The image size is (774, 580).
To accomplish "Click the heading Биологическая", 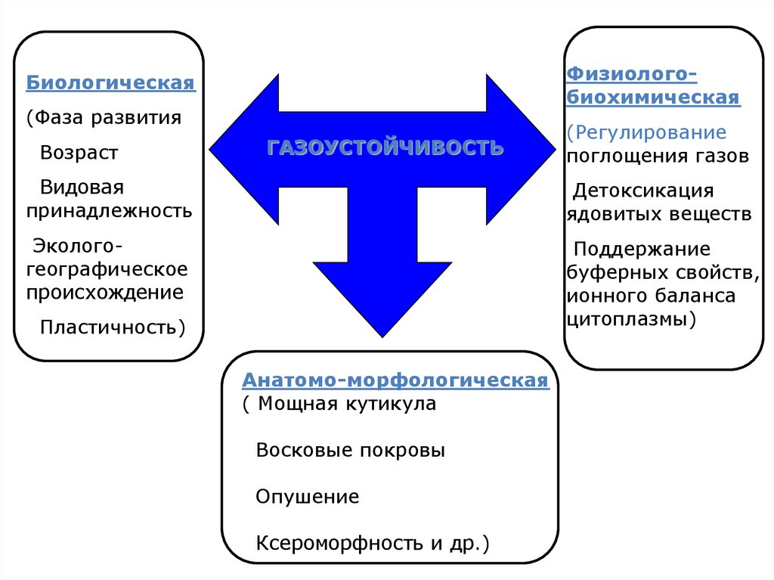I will pyautogui.click(x=111, y=82).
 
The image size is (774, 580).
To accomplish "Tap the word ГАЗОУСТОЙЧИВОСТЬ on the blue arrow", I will pyautogui.click(x=385, y=147).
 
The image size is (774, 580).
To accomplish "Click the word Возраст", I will pyautogui.click(x=79, y=153).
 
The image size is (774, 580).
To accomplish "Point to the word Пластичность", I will pyautogui.click(x=110, y=327).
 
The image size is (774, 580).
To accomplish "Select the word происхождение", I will pyautogui.click(x=105, y=292).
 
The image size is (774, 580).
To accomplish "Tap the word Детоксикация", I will pyautogui.click(x=643, y=191).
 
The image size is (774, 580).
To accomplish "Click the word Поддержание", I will pyautogui.click(x=642, y=249).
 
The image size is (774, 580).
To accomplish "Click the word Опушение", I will pyautogui.click(x=307, y=497).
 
